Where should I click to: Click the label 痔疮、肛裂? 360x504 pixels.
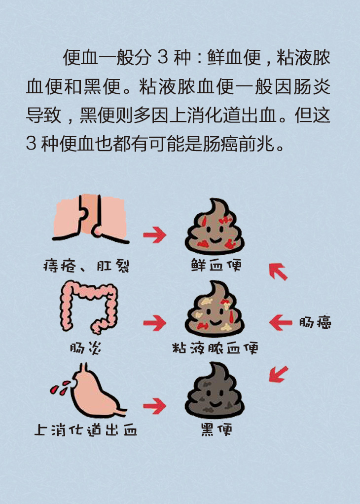pos(86,266)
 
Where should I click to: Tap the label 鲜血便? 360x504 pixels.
pos(216,265)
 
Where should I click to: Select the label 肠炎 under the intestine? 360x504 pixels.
pos(85,348)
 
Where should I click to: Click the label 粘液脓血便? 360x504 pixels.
pos(215,348)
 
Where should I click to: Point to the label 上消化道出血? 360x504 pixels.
pos(85,430)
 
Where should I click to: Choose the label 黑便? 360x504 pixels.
pos(216,430)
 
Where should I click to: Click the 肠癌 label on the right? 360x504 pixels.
pos(315,322)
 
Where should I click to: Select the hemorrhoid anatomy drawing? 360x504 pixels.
pos(91,219)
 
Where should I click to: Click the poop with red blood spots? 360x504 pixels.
pos(215,227)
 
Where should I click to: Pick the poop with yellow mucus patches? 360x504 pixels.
pos(215,309)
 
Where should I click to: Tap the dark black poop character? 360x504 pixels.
pos(215,390)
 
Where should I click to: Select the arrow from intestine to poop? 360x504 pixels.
pos(155,323)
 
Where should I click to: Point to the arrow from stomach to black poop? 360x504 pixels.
pos(155,406)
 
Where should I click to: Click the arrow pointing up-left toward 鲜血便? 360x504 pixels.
pos(278,271)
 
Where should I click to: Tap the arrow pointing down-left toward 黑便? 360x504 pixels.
pos(278,374)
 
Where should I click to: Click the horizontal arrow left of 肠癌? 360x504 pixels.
pos(281,322)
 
